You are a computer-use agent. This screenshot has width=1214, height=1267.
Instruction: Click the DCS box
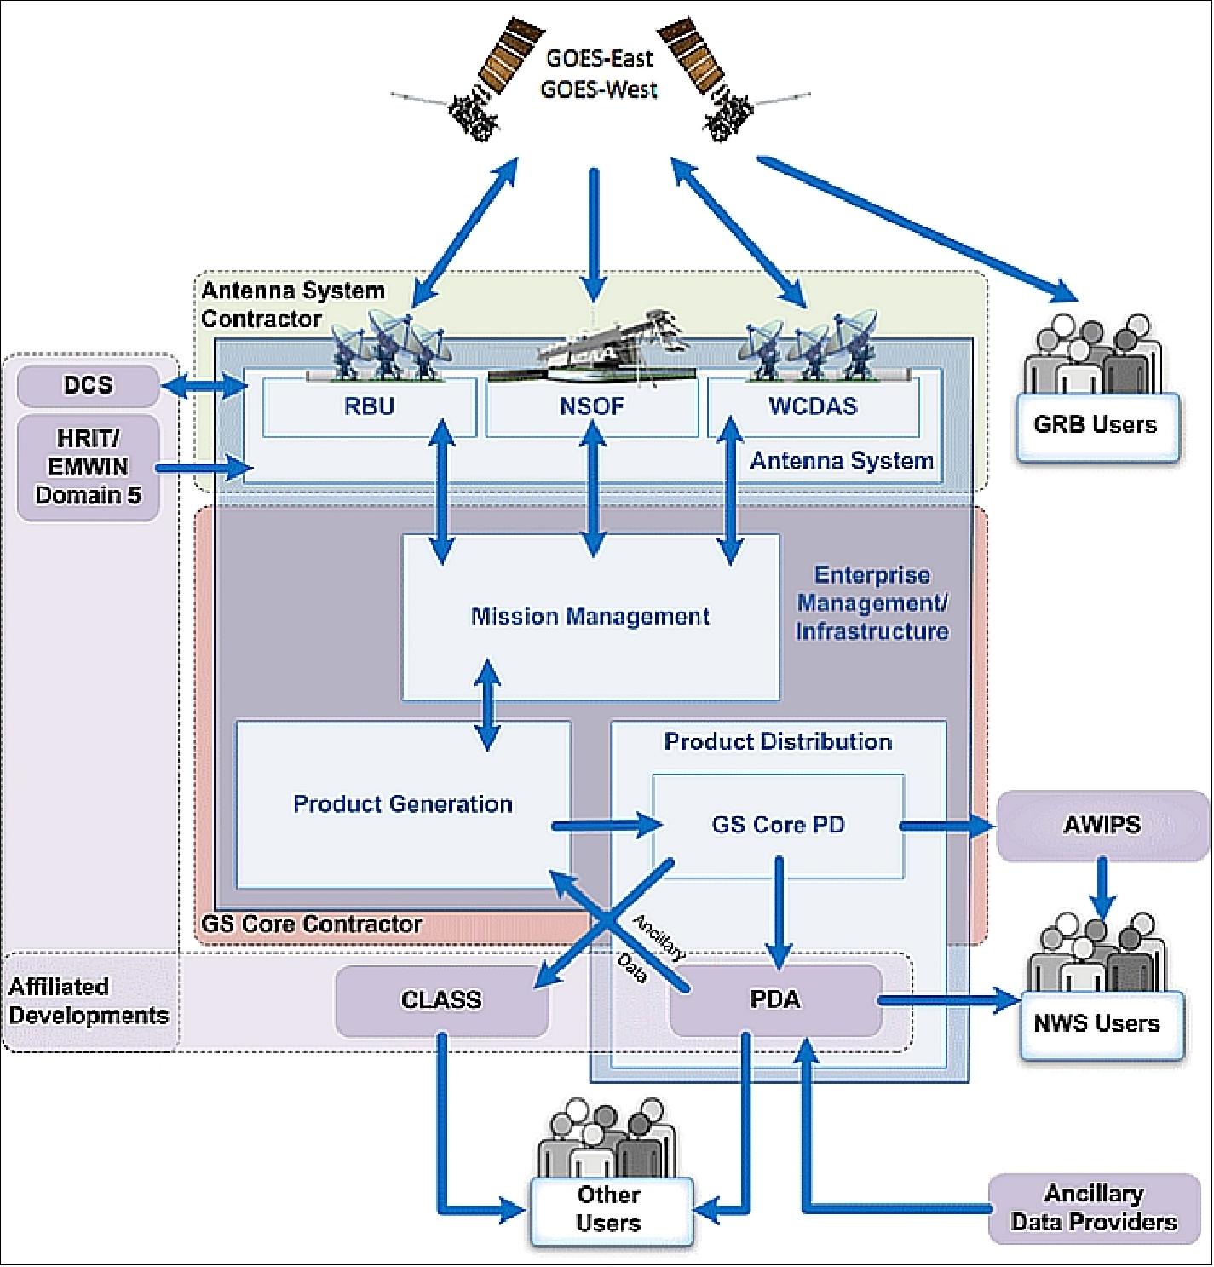[x=89, y=385]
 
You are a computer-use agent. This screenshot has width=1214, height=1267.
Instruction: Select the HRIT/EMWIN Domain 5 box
[x=89, y=467]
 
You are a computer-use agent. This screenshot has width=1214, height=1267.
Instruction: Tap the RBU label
[x=369, y=406]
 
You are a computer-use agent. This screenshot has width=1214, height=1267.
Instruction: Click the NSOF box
[x=592, y=406]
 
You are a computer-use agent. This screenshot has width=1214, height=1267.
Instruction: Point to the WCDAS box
[x=813, y=406]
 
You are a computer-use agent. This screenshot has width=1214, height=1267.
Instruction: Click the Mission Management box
[x=590, y=616]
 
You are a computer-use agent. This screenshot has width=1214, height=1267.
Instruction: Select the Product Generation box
[x=403, y=804]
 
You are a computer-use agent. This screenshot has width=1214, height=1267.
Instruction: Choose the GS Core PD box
[x=778, y=825]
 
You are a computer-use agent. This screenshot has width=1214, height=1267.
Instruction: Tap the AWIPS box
[x=1102, y=825]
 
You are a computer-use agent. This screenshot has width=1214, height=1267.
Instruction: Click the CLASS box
[x=441, y=999]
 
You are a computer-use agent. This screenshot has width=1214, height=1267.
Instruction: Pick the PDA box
[x=775, y=999]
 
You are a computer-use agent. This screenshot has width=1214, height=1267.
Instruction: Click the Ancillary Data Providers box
[x=1094, y=1208]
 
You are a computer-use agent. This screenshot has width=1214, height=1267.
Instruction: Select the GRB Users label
[x=1096, y=424]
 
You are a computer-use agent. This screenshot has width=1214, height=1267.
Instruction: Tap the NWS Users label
[x=1097, y=1023]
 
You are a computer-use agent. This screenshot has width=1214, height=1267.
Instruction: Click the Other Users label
[x=608, y=1208]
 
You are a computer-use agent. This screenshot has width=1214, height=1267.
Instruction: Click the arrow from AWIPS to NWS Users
[x=1102, y=886]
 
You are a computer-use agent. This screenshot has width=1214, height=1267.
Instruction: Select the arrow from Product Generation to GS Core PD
[x=606, y=825]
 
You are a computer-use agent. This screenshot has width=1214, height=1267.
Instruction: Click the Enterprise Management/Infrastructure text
[x=872, y=603]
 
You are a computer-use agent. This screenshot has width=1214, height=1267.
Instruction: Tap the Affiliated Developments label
[x=89, y=1001]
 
